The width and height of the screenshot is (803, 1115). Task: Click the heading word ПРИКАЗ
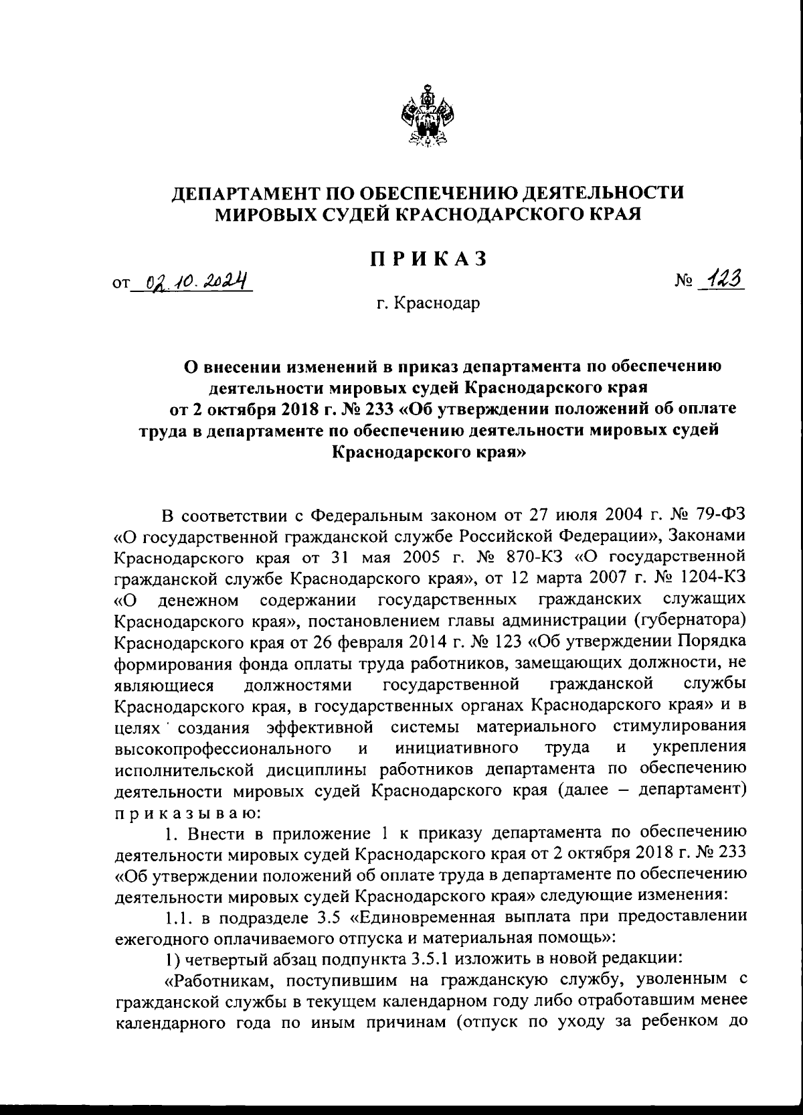pyautogui.click(x=428, y=260)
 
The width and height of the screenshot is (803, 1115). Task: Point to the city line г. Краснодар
pyautogui.click(x=428, y=304)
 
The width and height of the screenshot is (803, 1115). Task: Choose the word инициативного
pyautogui.click(x=458, y=746)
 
